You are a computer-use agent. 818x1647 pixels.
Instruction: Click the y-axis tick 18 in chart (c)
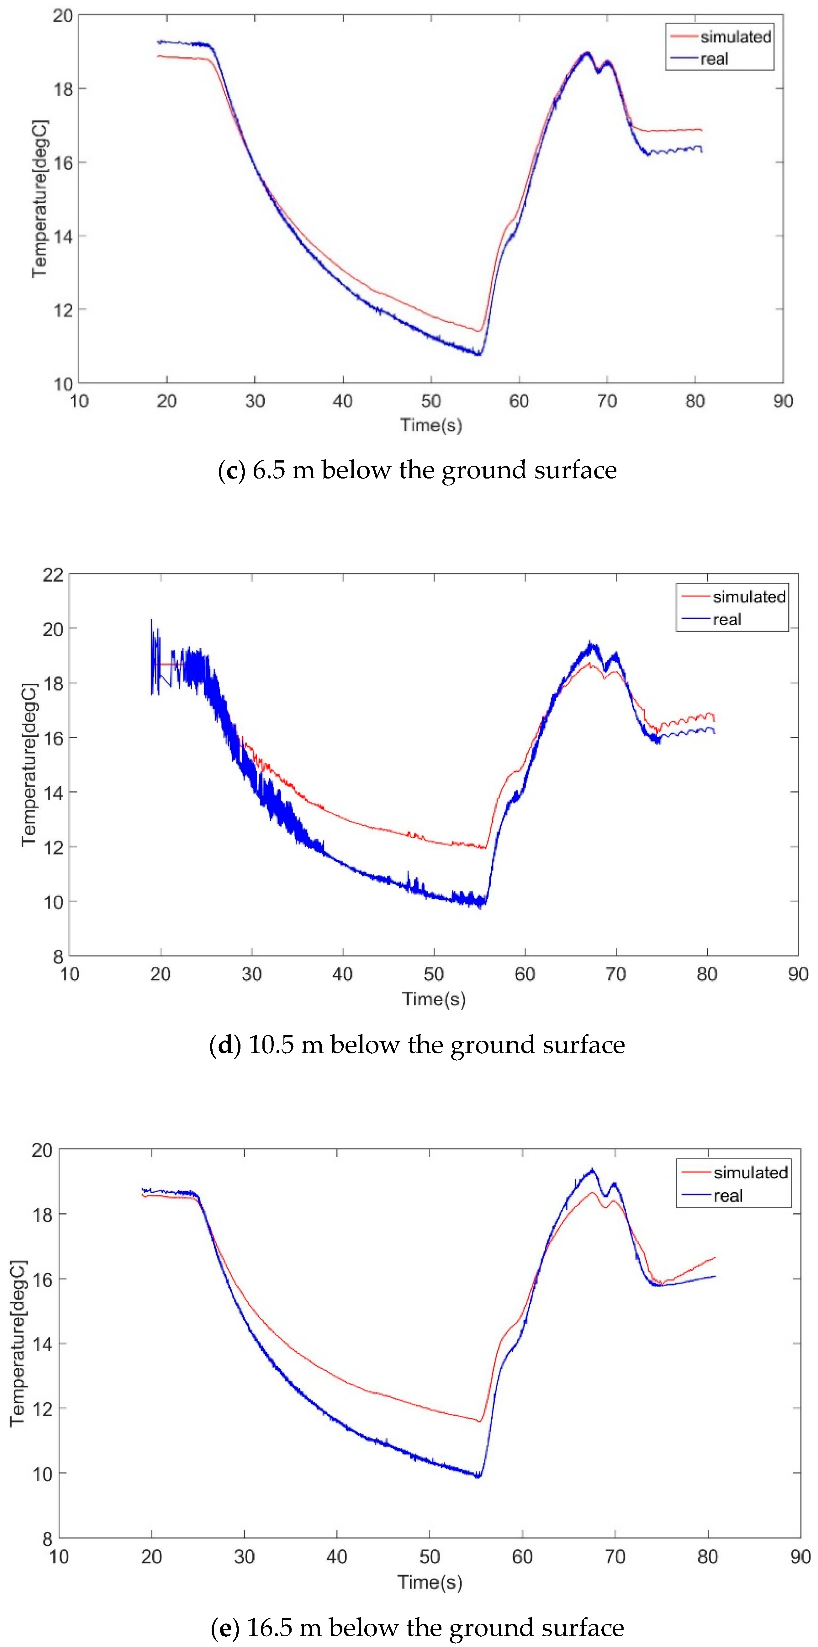pos(63,89)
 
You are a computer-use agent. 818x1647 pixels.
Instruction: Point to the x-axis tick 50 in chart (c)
pos(431,401)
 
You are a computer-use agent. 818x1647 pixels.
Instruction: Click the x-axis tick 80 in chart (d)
pos(707,974)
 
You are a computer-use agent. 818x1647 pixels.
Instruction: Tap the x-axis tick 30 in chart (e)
pos(244,1557)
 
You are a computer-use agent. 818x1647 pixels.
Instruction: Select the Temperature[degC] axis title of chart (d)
pos(29,765)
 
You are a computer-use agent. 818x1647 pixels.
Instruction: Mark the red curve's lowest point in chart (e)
pos(479,1421)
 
